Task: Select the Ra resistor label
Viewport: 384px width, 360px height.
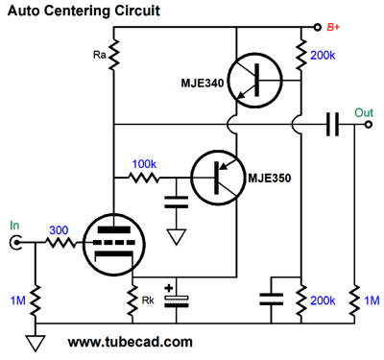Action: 99,57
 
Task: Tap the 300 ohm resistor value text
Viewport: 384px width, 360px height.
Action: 60,230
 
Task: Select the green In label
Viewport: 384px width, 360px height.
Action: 14,226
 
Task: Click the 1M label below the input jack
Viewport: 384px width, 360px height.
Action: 14,300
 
